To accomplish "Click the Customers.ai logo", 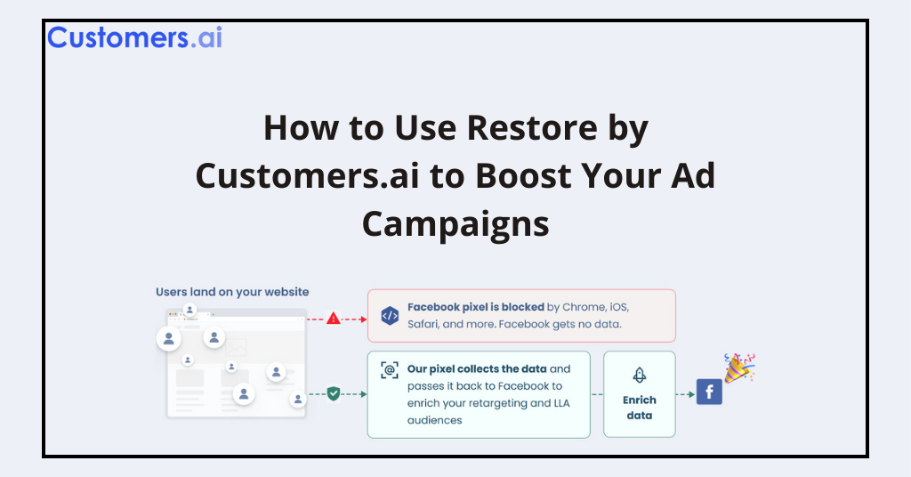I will coord(134,37).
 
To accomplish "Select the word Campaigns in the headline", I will coord(455,223).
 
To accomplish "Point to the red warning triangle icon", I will coord(334,318).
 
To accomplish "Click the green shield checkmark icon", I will coord(334,392).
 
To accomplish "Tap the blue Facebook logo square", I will coord(709,392).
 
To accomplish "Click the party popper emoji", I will coord(739,368).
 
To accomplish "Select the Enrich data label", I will coord(639,408).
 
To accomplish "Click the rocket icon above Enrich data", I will coord(639,375).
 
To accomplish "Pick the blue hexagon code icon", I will coord(390,315).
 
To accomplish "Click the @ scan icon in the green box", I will coord(390,370).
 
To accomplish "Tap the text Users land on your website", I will coord(232,292).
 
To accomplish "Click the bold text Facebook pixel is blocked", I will coord(476,307).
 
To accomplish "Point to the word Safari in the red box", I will coord(423,324).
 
